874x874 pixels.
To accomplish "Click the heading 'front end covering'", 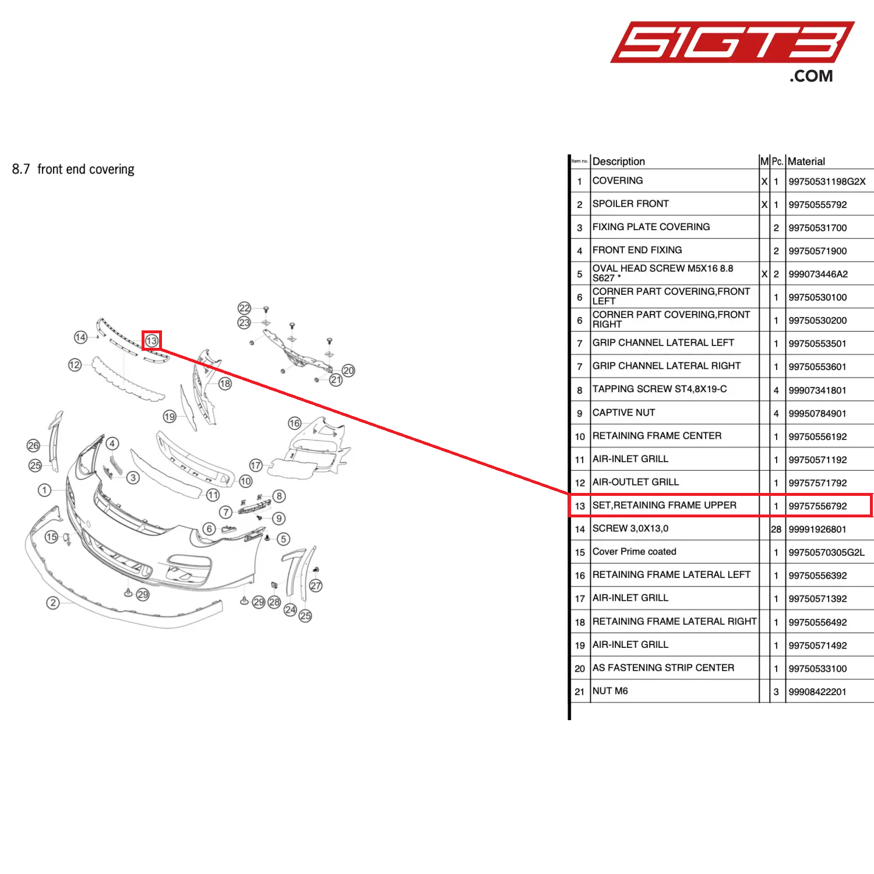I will coord(85,170).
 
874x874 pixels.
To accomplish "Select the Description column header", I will coord(618,161).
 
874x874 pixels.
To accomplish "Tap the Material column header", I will coord(806,161).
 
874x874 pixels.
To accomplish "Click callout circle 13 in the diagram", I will coord(151,341).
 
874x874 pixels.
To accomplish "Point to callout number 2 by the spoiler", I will coord(53,602).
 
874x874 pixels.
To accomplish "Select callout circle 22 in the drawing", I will coord(244,308).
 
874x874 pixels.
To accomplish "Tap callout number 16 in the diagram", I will coord(295,423).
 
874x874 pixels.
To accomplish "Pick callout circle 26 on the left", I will coord(33,446).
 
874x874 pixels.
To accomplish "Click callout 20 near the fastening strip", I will coord(348,371).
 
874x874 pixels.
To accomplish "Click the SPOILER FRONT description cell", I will coord(630,204).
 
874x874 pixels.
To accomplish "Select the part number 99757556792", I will coord(817,506).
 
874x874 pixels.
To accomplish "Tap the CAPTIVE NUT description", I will coord(623,413).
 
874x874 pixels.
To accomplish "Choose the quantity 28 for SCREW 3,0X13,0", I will coord(776,529).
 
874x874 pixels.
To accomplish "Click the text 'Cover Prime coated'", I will coord(634,552).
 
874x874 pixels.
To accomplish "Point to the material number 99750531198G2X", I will coord(827,182).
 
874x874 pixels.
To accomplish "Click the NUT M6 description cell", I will coord(610,691).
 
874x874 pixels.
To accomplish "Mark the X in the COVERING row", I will coord(764,182).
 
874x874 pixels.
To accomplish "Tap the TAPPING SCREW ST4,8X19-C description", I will coord(659,389).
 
